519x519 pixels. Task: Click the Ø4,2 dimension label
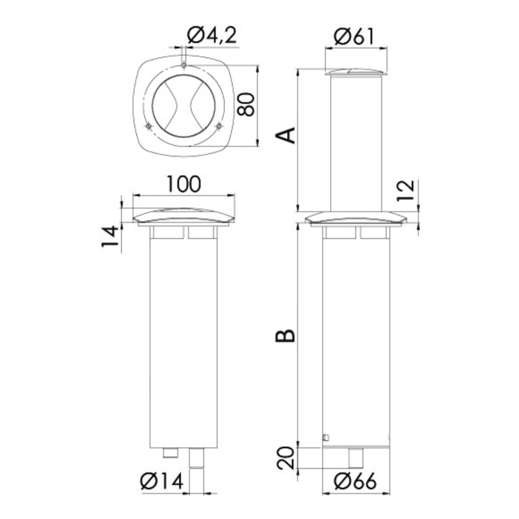pos(212,36)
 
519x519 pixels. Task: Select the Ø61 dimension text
pos(356,36)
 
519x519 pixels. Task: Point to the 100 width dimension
pos(183,184)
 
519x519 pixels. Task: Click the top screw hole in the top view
pos(184,65)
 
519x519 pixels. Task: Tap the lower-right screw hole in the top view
pos(219,126)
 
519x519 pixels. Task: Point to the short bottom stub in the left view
pos(170,453)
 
